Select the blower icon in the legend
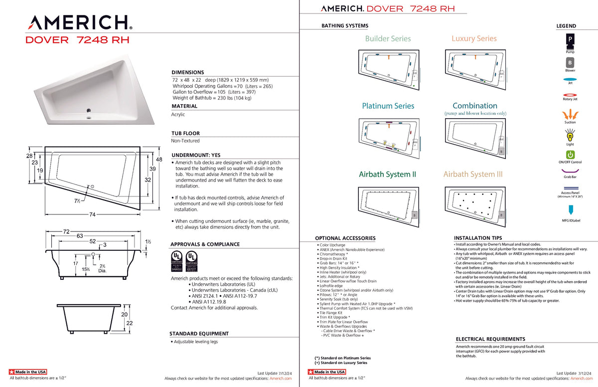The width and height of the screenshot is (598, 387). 570,62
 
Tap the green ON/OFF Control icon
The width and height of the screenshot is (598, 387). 570,155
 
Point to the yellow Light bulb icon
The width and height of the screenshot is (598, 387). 570,135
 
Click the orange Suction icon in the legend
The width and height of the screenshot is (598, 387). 570,114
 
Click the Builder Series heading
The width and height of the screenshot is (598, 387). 388,38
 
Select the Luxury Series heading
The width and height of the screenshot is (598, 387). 474,38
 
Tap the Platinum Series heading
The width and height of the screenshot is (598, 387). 388,106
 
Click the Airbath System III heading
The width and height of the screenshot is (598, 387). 473,174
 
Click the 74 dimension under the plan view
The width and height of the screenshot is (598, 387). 93,215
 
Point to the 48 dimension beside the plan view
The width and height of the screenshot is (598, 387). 159,160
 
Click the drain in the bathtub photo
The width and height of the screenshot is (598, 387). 89,111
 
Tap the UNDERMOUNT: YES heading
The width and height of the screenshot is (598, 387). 195,155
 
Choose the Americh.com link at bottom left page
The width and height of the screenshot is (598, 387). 281,379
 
